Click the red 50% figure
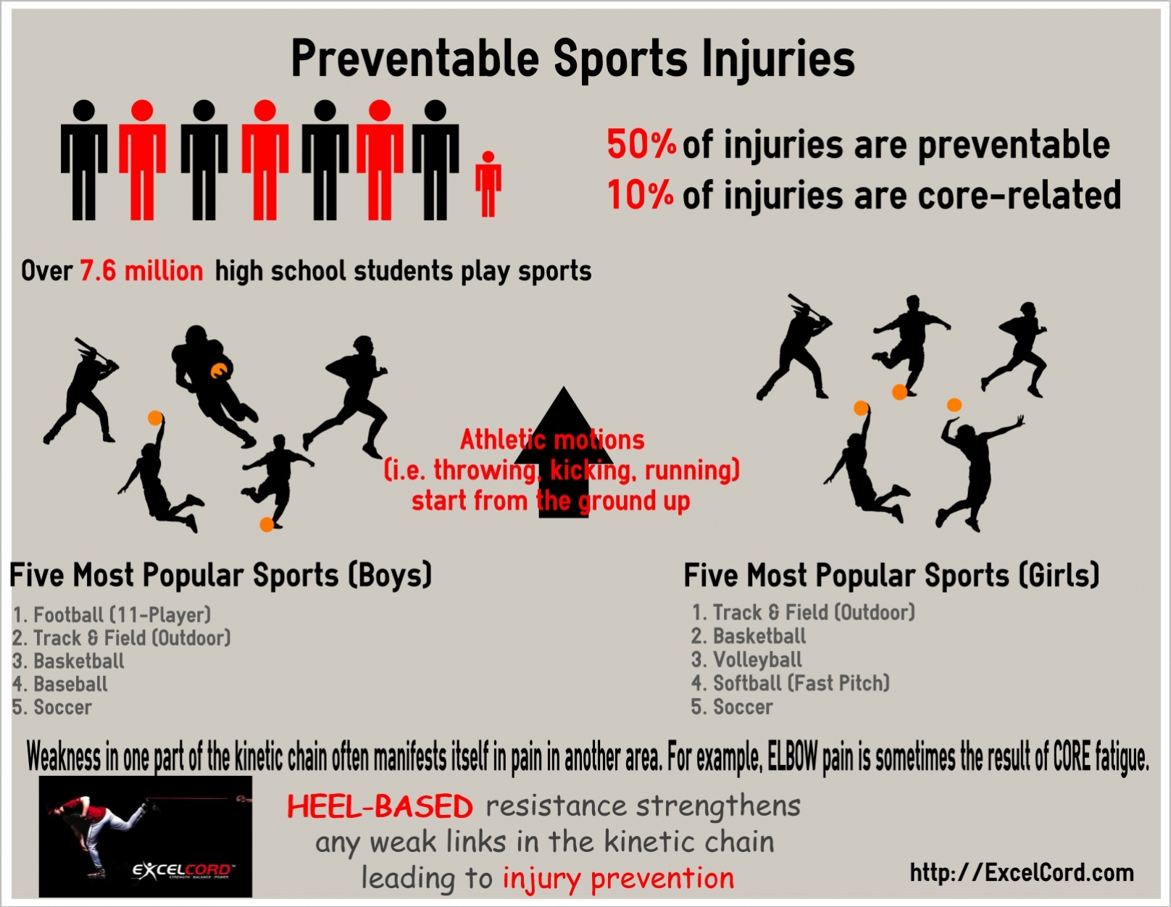641,144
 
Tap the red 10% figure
640,194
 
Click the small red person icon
488,184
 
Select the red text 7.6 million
142,270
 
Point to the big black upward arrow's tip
564,387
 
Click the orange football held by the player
219,371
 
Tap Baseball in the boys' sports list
70,684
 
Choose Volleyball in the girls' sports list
757,659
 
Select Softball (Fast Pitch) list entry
801,683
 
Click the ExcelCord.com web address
1022,872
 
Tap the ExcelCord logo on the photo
184,870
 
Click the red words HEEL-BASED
380,807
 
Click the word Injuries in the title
778,60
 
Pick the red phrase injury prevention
619,879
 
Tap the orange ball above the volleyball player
954,404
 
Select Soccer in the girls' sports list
743,706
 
